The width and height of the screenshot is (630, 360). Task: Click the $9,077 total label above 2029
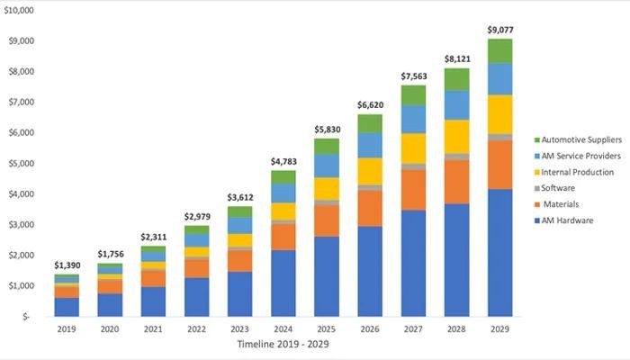coord(500,30)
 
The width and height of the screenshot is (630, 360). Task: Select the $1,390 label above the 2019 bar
coord(66,239)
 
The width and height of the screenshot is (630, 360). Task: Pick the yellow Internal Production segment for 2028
coord(457,136)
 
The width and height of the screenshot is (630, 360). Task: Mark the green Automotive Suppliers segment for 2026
coord(370,123)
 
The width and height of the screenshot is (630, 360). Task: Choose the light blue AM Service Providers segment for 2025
coord(327,166)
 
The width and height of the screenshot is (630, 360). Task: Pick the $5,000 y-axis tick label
coord(21,163)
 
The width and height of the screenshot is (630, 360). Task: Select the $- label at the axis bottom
coord(27,317)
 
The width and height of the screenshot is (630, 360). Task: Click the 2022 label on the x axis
coord(196,329)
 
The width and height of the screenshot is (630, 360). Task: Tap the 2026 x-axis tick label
coord(370,329)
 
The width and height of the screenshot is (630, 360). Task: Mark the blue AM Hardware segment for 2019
coord(66,306)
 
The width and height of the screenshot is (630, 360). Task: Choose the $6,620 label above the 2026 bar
coord(370,104)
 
